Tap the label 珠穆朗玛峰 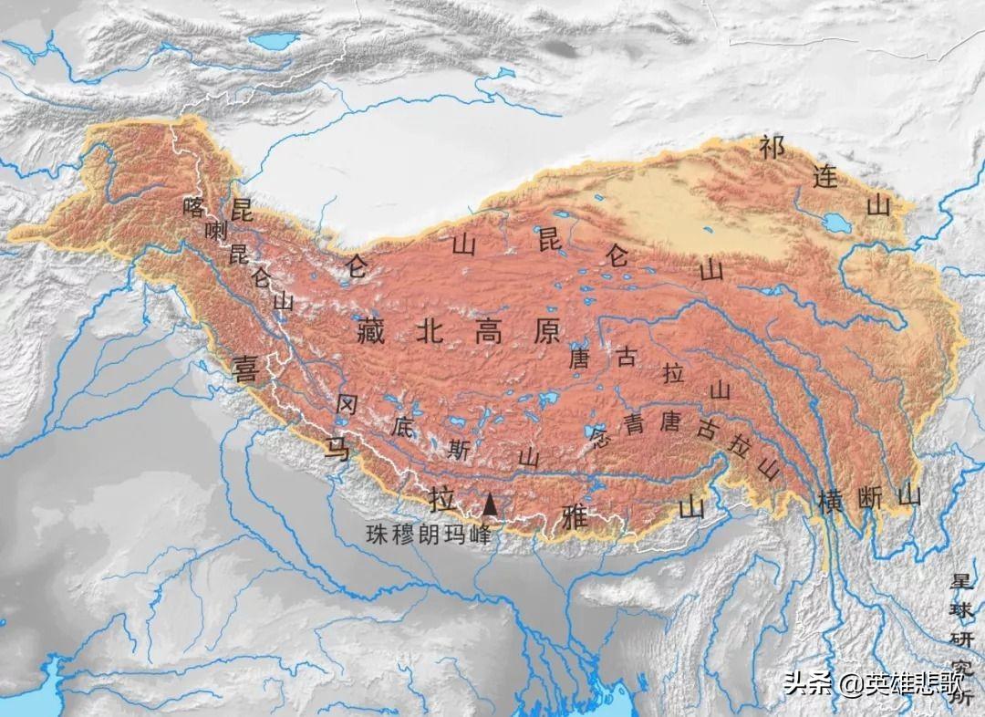(x=427, y=535)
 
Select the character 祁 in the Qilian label (x=772, y=148)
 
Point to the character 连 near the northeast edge (x=824, y=176)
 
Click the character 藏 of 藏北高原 (x=368, y=331)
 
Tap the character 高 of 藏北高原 (x=489, y=331)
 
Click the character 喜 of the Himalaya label (x=246, y=369)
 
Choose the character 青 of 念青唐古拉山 (x=635, y=423)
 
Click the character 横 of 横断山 (x=830, y=501)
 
